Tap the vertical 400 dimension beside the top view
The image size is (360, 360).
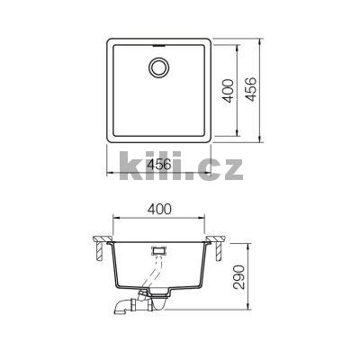[x=229, y=91]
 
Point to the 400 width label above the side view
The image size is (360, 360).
[x=158, y=209]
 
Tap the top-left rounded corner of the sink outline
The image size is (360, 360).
[x=111, y=41]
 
